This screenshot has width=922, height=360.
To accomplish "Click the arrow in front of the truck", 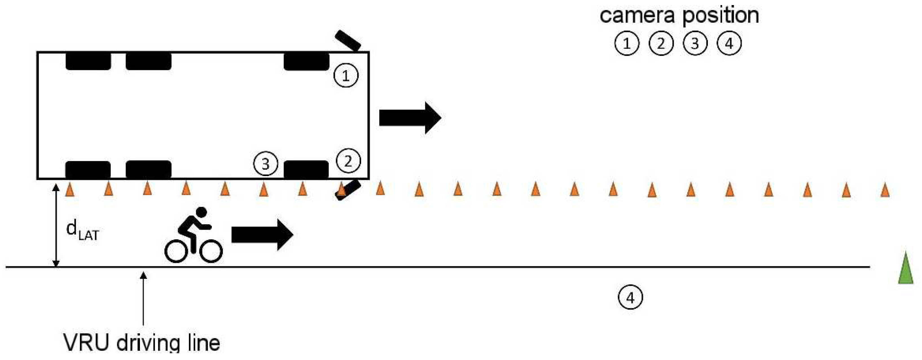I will (x=410, y=118).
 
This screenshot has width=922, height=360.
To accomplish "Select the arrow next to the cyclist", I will (x=262, y=235).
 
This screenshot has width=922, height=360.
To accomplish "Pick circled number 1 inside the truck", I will (x=346, y=76).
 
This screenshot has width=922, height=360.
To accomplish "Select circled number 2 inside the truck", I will (x=348, y=161).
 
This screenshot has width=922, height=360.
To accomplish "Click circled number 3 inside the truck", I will (x=265, y=164).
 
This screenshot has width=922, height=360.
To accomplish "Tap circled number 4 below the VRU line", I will (x=630, y=297).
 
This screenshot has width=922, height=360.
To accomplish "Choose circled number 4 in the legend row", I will (x=729, y=43).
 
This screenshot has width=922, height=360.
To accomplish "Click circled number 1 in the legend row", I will (x=627, y=43).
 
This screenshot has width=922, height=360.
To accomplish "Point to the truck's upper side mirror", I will (x=348, y=40).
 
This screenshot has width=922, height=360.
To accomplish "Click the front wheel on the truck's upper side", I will (x=306, y=62).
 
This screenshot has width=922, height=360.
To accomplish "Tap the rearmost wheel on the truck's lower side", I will (x=88, y=170).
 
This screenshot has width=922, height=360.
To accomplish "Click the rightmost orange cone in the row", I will (x=885, y=190).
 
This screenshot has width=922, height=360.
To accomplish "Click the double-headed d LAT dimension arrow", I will (x=56, y=225).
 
